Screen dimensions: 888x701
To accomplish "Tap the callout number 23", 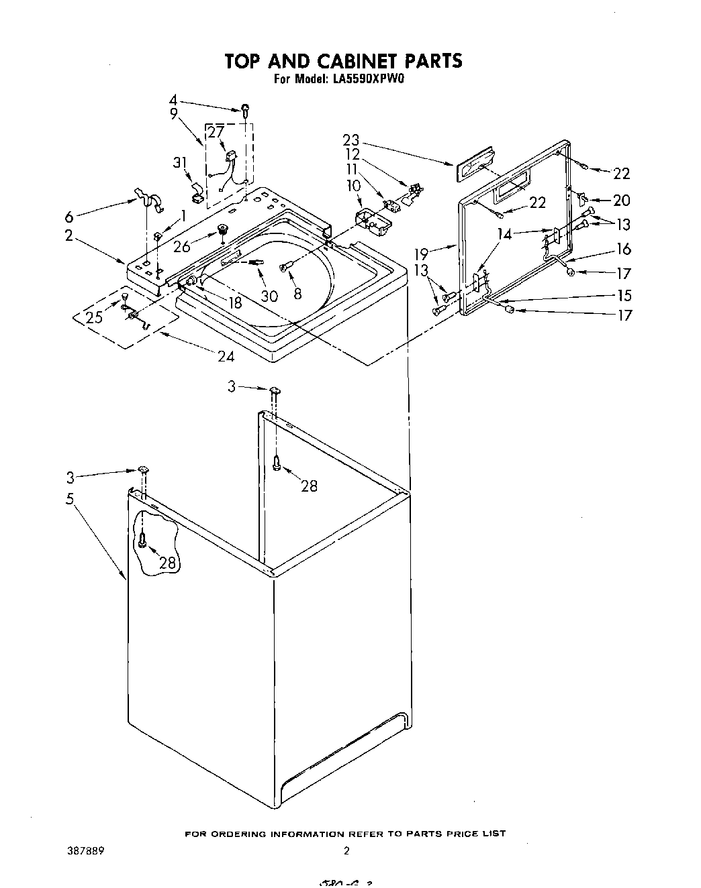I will click(x=350, y=140).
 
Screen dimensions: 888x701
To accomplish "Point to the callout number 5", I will click(x=70, y=499).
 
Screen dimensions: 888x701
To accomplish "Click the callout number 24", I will click(x=226, y=356).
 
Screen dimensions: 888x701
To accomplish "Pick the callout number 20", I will click(x=622, y=201).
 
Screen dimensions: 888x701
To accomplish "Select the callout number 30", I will click(x=269, y=295).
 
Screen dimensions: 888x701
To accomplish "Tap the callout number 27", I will click(x=215, y=131).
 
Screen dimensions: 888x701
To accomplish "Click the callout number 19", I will click(x=421, y=254).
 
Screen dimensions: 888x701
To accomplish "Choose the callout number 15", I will click(x=624, y=295).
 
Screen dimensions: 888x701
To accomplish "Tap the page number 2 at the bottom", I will click(x=346, y=851).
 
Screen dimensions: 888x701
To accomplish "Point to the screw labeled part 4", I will click(x=246, y=109).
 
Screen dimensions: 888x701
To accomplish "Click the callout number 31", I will click(x=179, y=162).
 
